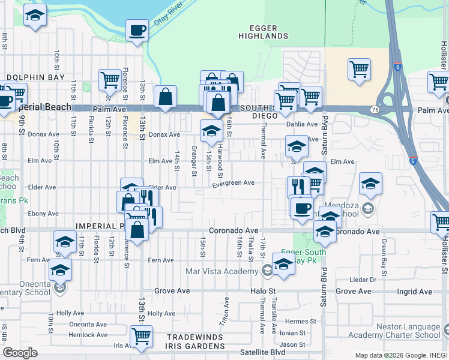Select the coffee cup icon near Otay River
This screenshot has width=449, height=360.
click(137, 30)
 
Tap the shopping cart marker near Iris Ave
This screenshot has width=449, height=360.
click(141, 336)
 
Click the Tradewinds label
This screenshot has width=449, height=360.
click(195, 337)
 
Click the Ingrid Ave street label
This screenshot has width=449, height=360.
click(414, 292)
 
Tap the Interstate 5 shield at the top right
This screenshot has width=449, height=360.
click(398, 62)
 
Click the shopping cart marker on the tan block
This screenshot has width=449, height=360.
click(359, 69)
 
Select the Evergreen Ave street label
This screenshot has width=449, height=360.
click(233, 183)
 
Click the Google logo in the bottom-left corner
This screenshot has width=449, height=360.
click(20, 352)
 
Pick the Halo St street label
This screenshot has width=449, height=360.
click(262, 291)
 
